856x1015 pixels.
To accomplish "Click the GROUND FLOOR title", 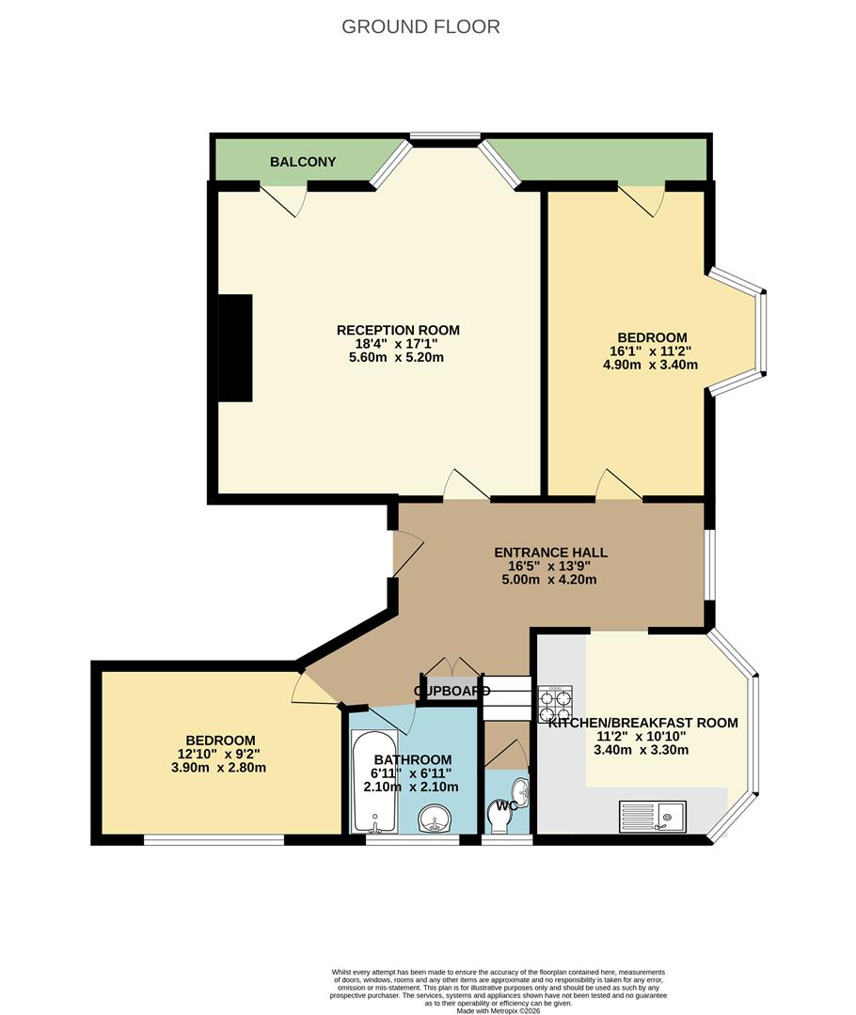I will [x=420, y=26].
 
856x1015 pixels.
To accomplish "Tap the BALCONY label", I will [x=303, y=162].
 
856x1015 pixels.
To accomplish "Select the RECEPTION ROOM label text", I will [x=398, y=330].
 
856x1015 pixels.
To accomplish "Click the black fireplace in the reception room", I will [x=236, y=348].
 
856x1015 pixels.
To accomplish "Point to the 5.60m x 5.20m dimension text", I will [x=398, y=357].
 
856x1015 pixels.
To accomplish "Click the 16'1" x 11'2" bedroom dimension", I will [x=652, y=351].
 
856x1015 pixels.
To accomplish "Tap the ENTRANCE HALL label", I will [x=552, y=553].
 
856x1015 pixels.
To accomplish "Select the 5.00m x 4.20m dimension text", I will [x=552, y=580].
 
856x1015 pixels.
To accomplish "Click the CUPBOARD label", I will [x=452, y=692].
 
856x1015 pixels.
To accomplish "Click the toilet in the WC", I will [x=502, y=820].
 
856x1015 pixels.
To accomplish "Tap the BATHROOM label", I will [x=412, y=759].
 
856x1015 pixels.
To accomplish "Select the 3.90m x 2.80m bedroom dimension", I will [x=220, y=768].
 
